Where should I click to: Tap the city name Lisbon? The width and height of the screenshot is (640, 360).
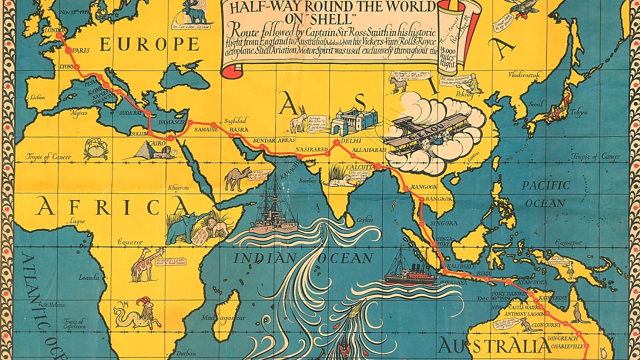tap(37, 98)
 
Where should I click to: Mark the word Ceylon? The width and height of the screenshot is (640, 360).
tap(365, 219)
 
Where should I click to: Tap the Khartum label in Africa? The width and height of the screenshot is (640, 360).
tap(178, 187)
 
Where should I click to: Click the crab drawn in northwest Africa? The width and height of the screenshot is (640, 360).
tap(95, 148)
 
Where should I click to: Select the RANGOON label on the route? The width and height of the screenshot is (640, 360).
tap(423, 187)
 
